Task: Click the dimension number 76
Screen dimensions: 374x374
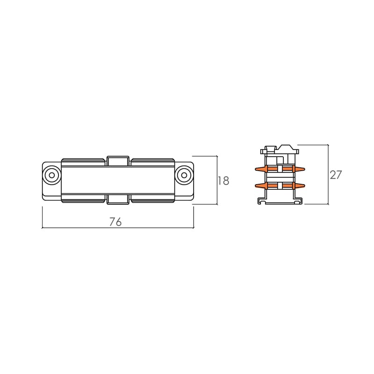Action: pos(115,222)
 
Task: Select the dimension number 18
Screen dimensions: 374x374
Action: pos(223,180)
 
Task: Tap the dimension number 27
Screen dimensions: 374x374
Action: pos(336,175)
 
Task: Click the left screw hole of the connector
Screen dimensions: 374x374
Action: pos(51,175)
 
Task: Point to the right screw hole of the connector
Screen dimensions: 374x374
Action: pos(184,175)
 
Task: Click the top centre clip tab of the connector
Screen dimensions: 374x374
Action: pos(118,161)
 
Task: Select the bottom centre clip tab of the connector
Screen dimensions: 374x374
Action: pos(118,200)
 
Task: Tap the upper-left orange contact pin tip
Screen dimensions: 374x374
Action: pos(256,169)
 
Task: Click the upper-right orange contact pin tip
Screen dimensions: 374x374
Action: pos(304,169)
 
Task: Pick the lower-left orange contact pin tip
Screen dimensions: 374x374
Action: pos(256,186)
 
